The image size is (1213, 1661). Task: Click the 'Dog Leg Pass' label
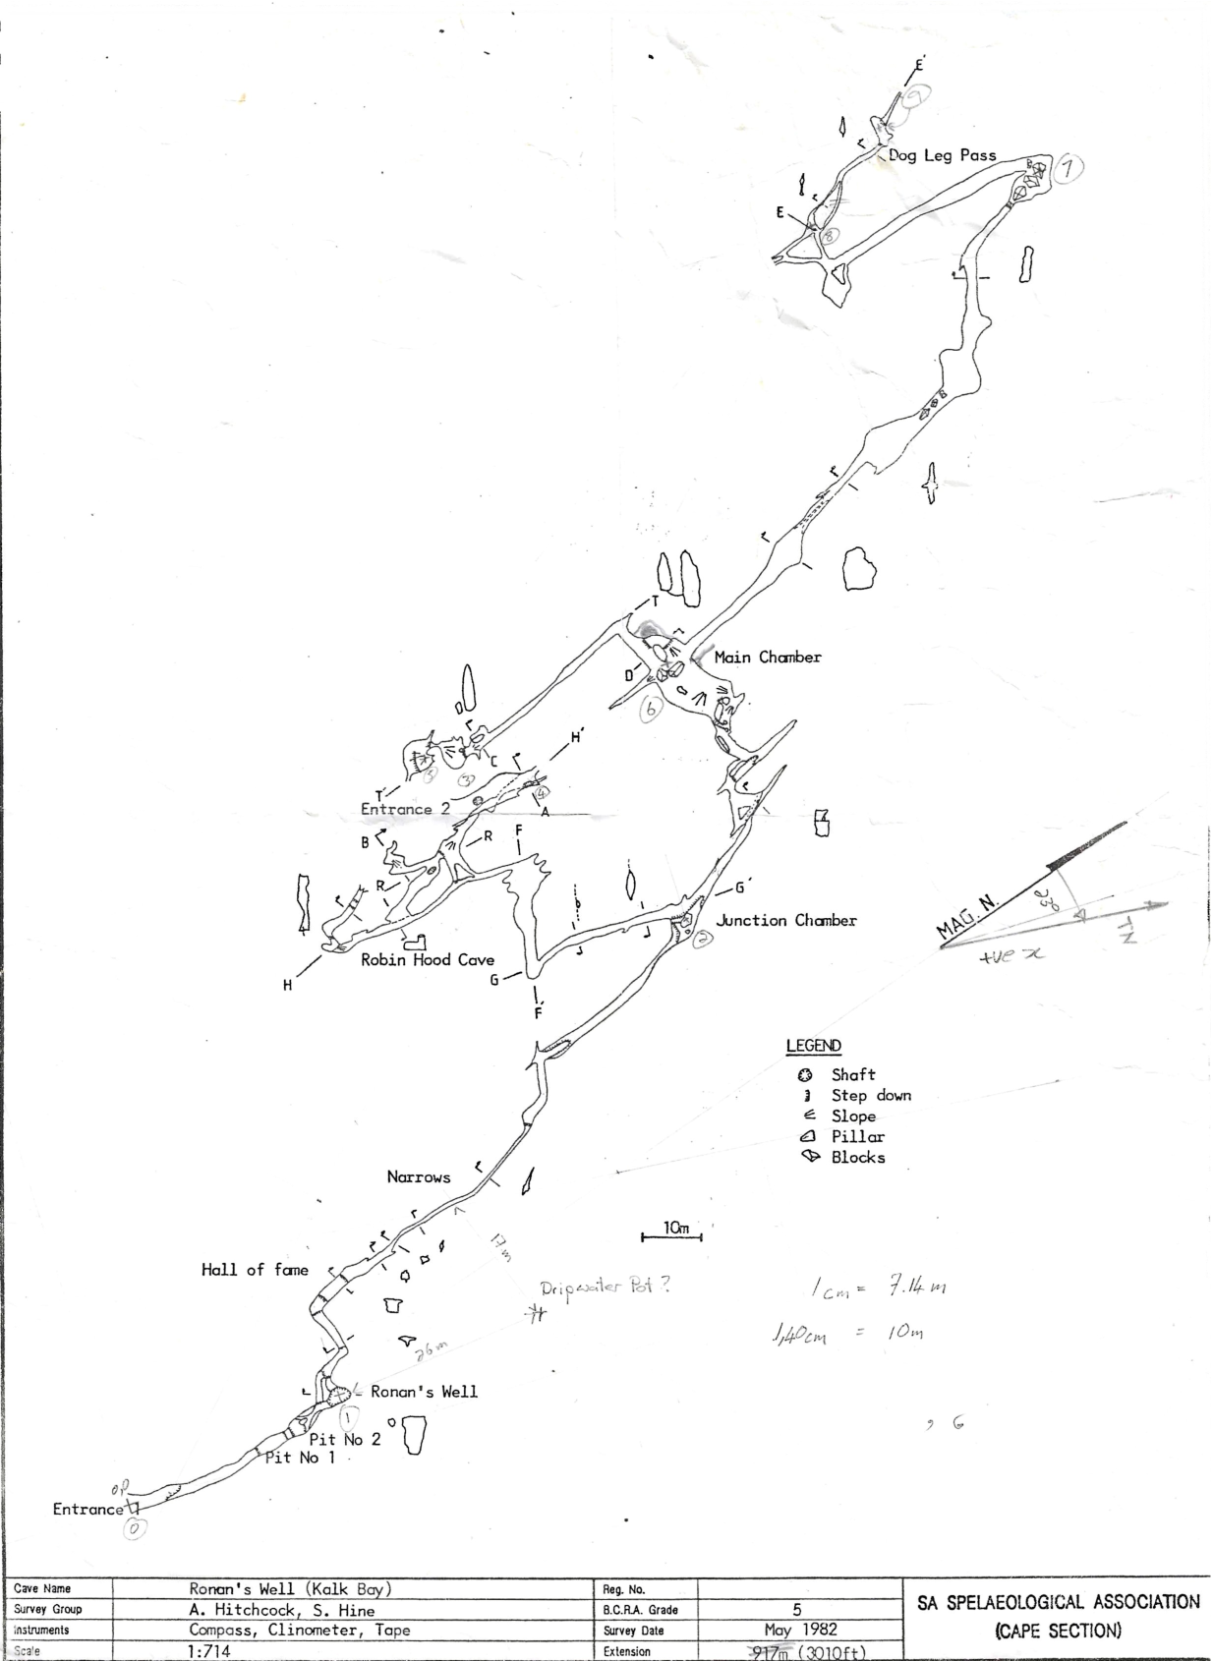coord(942,155)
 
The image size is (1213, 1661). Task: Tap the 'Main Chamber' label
coord(768,658)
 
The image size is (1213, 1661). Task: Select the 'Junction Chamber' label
coord(786,921)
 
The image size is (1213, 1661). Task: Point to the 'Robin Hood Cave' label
coord(428,960)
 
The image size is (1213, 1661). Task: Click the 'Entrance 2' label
coord(405,810)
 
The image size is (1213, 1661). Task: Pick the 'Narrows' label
coord(419,1177)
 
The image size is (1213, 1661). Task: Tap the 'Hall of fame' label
coord(256,1270)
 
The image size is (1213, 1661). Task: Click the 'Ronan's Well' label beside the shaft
coord(424,1392)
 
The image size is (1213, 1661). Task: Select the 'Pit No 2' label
coord(344,1440)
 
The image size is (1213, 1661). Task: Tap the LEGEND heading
coord(814,1046)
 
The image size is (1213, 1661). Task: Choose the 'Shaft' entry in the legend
coord(853,1075)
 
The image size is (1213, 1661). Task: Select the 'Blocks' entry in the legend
coord(858,1158)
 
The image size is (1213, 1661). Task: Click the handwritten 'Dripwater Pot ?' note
coord(605,1288)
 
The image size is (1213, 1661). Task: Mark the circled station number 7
coord(1069,169)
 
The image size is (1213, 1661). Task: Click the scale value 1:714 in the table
coord(209,1651)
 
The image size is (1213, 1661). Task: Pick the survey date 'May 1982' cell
coord(800,1631)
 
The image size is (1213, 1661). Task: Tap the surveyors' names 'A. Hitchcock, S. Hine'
coord(282,1610)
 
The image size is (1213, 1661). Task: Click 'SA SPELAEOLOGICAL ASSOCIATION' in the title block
coord(1059,1603)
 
